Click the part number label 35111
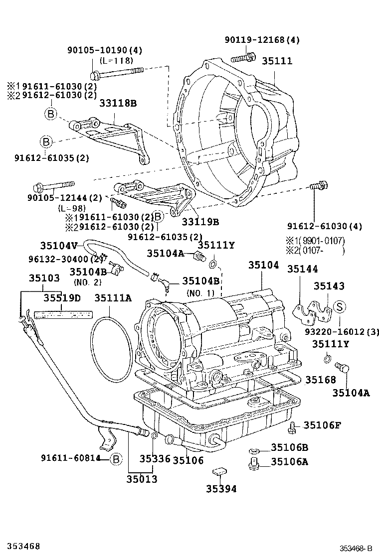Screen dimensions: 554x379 [277, 61]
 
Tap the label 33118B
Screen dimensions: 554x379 [118, 104]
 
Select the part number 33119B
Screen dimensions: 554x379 [200, 221]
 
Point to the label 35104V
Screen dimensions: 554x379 [59, 245]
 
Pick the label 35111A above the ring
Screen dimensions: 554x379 [113, 298]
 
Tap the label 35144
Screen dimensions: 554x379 [302, 269]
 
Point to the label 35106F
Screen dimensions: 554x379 [322, 425]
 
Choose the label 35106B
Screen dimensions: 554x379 [289, 447]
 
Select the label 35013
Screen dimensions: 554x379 [142, 479]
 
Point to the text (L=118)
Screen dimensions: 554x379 [116, 60]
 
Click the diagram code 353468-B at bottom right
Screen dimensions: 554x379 [356, 548]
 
